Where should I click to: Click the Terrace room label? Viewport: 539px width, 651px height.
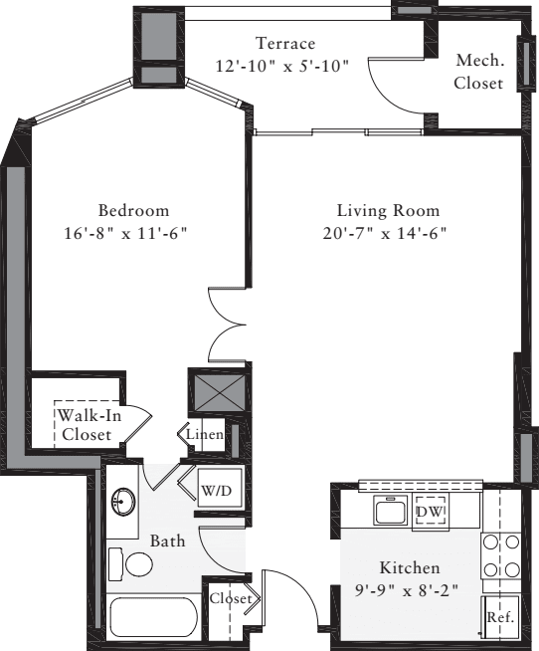[285, 44]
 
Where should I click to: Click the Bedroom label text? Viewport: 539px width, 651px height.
[133, 211]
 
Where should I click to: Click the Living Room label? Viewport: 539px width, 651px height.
[387, 211]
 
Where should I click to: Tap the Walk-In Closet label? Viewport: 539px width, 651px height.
[88, 425]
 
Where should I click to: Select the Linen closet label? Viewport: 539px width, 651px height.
[205, 435]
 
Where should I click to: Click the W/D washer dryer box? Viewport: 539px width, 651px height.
[216, 491]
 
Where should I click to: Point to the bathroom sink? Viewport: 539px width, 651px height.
[124, 502]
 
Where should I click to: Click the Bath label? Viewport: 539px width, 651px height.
[167, 542]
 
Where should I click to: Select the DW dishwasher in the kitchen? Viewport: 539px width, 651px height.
[431, 512]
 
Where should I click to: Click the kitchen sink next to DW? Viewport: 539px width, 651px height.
[389, 512]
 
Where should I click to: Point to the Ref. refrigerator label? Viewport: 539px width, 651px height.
[500, 618]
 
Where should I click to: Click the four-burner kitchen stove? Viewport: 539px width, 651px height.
[500, 556]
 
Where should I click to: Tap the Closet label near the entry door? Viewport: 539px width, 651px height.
[231, 598]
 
